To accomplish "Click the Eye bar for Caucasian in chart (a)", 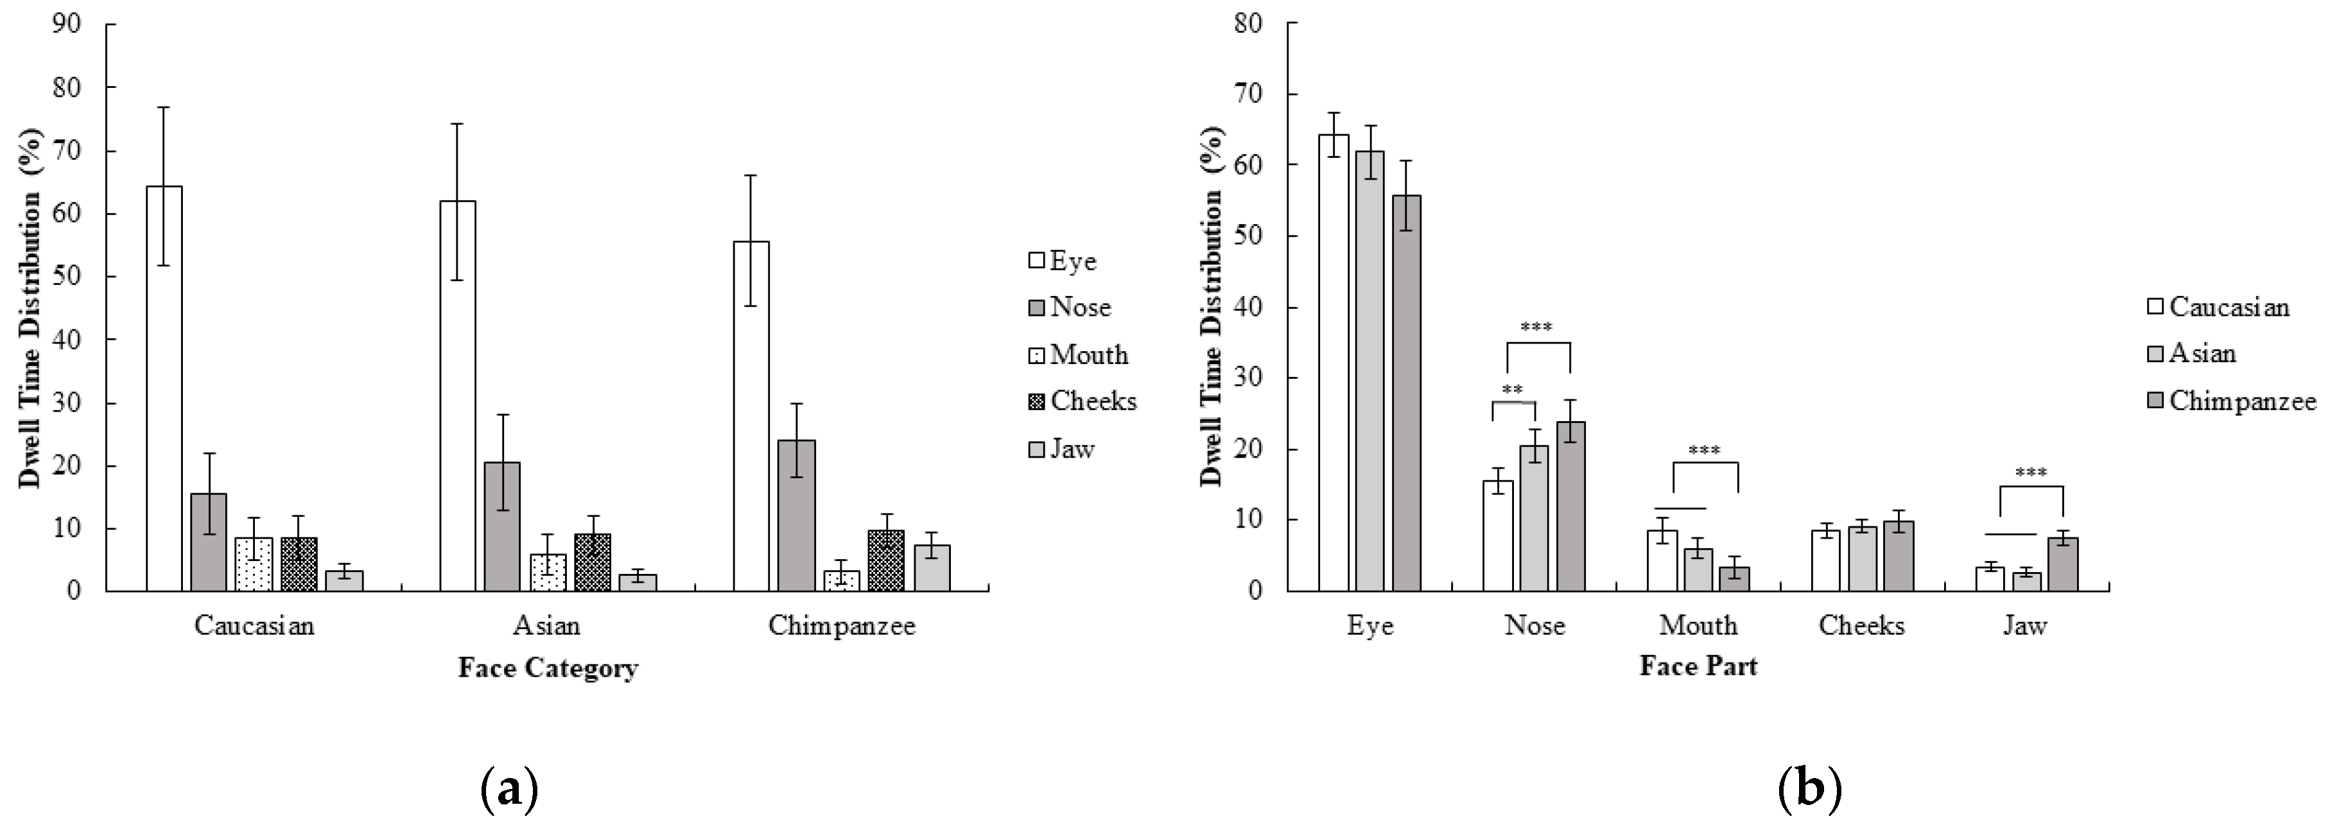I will [x=164, y=389].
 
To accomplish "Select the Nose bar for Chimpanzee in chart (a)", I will [x=796, y=516].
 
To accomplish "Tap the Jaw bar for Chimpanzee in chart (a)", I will [x=932, y=568].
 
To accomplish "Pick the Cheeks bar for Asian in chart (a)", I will [x=593, y=562].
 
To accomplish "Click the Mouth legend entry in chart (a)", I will [x=1080, y=354].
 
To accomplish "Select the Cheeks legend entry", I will [x=1084, y=401].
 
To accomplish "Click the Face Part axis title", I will [x=1698, y=666].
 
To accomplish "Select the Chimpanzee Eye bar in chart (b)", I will [x=1407, y=394].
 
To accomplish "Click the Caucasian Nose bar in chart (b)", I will [x=1498, y=535].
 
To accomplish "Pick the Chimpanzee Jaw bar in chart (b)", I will [x=2063, y=564].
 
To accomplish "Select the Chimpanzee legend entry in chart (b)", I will [x=2231, y=401].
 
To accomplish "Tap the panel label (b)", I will [x=1809, y=790].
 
